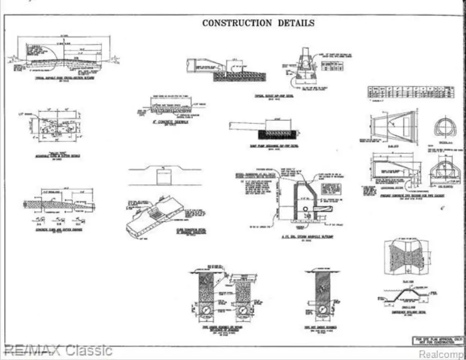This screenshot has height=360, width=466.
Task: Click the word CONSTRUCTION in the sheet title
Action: tap(237, 23)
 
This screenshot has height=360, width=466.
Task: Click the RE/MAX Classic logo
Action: tap(57, 350)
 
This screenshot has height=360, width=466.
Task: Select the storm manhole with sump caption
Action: tap(304, 237)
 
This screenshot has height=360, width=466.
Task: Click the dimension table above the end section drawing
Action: tap(411, 92)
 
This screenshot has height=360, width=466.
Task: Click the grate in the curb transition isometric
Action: tap(157, 214)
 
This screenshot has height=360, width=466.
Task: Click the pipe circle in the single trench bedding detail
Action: tap(320, 309)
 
